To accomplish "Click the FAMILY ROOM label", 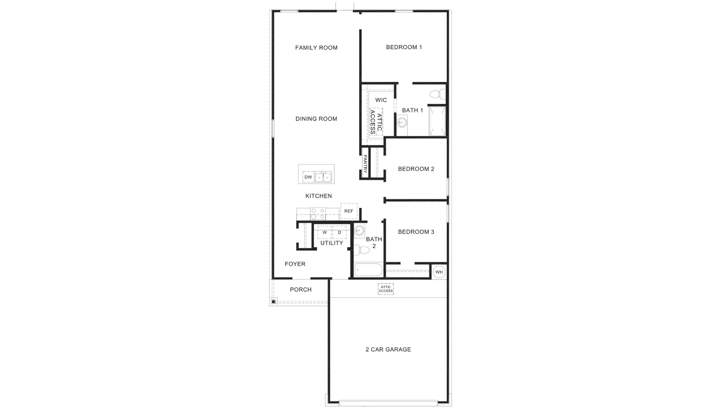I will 316,48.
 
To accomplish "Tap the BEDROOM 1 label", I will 404,47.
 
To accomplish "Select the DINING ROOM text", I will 316,119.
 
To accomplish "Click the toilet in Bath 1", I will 437,94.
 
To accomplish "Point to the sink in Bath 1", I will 402,123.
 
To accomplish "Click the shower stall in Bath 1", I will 437,121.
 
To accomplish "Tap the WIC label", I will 381,100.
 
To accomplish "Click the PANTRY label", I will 365,164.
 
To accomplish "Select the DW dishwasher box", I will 308,177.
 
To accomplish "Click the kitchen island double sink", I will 323,177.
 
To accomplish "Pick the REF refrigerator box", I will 348,211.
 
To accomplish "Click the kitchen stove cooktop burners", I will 318,213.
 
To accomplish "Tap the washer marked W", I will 324,232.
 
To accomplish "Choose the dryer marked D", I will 340,232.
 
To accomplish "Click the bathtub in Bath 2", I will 368,270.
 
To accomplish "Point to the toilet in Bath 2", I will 362,250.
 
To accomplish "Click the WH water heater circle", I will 439,272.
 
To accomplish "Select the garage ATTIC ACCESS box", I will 386,289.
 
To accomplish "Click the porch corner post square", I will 273,302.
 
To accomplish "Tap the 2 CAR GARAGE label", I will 388,349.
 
